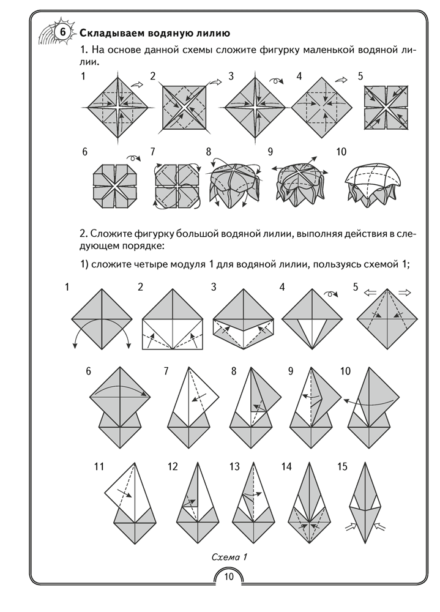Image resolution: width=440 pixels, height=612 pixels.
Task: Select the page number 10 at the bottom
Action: click(228, 576)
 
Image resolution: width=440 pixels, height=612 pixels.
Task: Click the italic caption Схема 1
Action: click(228, 556)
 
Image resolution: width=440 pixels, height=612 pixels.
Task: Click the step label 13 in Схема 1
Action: click(234, 467)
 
